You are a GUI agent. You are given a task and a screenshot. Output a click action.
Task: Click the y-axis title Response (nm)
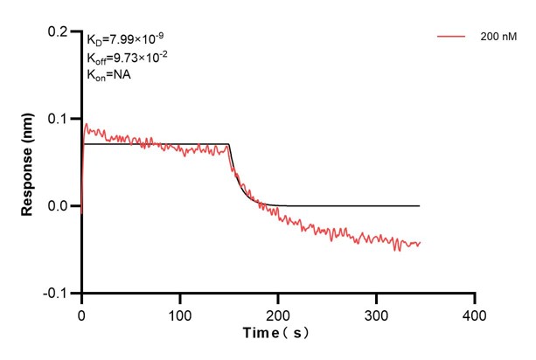point(27,162)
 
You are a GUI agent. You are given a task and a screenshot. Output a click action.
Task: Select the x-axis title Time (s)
point(277,334)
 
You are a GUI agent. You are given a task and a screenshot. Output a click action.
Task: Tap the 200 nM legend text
point(497,37)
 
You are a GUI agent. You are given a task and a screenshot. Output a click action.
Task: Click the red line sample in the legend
point(452,37)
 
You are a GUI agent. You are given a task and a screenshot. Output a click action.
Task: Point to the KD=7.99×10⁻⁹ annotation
point(122,39)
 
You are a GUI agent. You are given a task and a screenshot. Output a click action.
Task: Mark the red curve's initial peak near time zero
point(86,124)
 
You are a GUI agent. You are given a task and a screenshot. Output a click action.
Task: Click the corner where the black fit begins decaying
point(229,144)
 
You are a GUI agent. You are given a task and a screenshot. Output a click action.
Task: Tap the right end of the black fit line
point(420,206)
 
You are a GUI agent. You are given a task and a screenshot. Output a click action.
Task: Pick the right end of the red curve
point(420,243)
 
